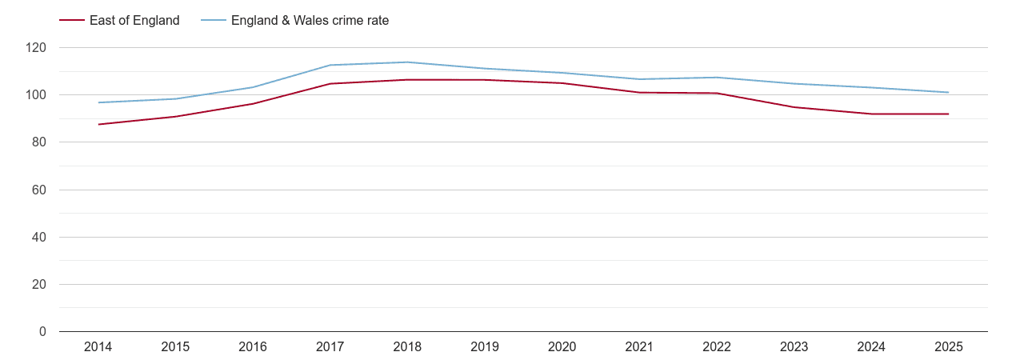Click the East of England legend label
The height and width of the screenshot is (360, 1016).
point(134,21)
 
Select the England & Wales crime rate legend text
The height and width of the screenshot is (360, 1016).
point(310,21)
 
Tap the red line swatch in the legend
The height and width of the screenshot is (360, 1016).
point(73,21)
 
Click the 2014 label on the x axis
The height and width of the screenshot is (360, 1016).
point(98,347)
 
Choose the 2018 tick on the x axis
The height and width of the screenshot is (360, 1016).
point(407,347)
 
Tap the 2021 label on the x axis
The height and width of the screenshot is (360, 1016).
point(639,347)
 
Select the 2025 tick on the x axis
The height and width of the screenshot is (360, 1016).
point(949,347)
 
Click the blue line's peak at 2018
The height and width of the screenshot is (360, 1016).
point(407,62)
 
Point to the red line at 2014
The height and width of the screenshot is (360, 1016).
point(98,124)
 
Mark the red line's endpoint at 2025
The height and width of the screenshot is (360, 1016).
point(949,114)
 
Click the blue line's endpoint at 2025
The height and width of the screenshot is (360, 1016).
point(949,92)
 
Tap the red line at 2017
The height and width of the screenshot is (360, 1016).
point(330,83)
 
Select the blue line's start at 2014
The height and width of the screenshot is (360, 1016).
point(98,102)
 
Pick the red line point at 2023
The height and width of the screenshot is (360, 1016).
point(794,107)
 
